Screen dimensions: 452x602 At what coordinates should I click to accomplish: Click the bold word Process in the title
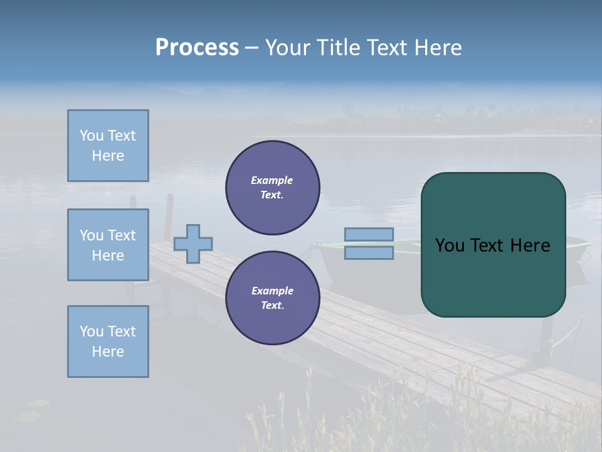[197, 48]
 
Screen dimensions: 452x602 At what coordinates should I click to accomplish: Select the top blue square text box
[108, 146]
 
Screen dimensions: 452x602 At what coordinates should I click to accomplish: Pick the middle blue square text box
[108, 245]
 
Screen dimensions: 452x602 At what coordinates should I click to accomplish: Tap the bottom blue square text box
[108, 342]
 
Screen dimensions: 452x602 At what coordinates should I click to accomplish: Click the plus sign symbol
[193, 244]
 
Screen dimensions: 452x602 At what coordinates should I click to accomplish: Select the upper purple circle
[272, 188]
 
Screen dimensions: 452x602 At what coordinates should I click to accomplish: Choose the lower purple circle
[272, 298]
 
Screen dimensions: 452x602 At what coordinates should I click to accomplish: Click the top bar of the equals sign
[369, 234]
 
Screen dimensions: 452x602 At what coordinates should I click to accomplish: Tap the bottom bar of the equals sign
[369, 253]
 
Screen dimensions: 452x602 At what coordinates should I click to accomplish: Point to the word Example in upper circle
[272, 180]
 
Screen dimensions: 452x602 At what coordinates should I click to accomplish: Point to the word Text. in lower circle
[272, 306]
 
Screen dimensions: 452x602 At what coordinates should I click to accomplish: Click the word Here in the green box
[530, 245]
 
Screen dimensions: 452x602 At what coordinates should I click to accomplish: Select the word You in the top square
[91, 136]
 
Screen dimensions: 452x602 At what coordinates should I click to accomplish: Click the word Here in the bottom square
[108, 352]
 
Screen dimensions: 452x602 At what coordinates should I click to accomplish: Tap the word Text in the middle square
[121, 235]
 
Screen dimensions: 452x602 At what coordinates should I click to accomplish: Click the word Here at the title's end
[438, 48]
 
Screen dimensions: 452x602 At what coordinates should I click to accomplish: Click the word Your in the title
[287, 48]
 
